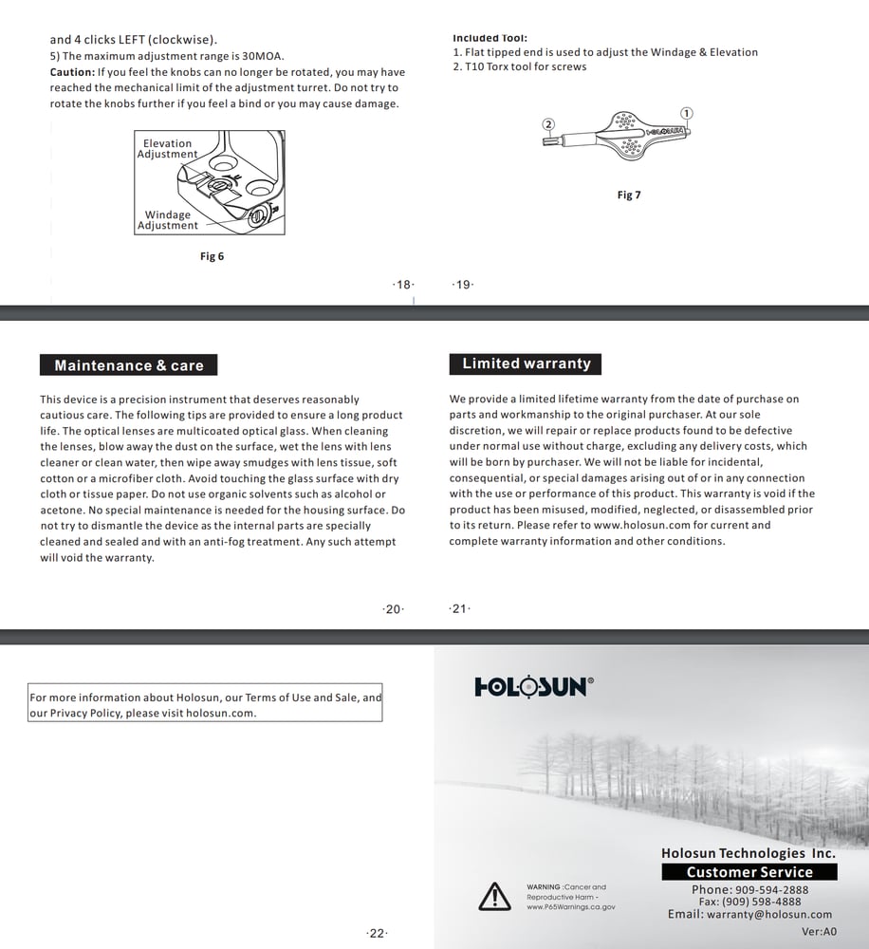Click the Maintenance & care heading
click(129, 365)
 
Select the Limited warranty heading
click(526, 363)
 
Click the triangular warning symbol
click(494, 896)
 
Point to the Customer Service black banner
click(749, 872)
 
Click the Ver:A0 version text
click(820, 932)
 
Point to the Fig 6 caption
click(212, 256)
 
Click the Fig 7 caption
click(629, 195)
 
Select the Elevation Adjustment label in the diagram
click(167, 149)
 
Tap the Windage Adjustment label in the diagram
click(167, 220)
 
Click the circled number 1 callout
click(687, 114)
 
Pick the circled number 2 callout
click(548, 124)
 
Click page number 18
click(403, 285)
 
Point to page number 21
click(459, 609)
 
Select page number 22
click(377, 934)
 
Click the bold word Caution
click(71, 72)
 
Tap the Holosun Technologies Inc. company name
click(748, 854)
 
